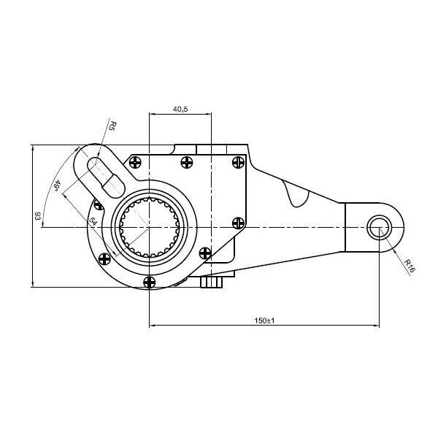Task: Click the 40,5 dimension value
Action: (x=180, y=109)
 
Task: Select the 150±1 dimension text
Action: (x=264, y=320)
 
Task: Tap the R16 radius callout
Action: (x=410, y=266)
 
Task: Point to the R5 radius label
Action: (x=112, y=126)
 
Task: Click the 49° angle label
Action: (x=56, y=185)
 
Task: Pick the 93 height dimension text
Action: (x=37, y=216)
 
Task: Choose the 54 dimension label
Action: (x=93, y=221)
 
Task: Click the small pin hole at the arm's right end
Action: (x=379, y=228)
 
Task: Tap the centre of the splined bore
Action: (x=149, y=227)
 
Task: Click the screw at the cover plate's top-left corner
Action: (x=135, y=162)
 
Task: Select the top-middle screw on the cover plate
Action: (x=187, y=162)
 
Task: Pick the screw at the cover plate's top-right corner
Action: (x=238, y=162)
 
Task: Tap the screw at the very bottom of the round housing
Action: (x=149, y=282)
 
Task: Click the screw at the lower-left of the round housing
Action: (x=104, y=259)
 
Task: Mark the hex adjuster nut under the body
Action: (x=212, y=282)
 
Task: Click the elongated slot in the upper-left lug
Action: (x=106, y=177)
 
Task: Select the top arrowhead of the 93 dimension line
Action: (x=33, y=147)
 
